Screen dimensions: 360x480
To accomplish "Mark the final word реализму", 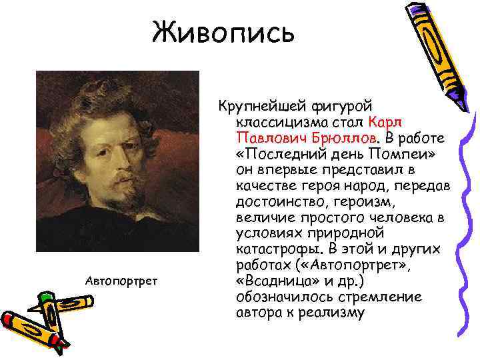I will point(335,312).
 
